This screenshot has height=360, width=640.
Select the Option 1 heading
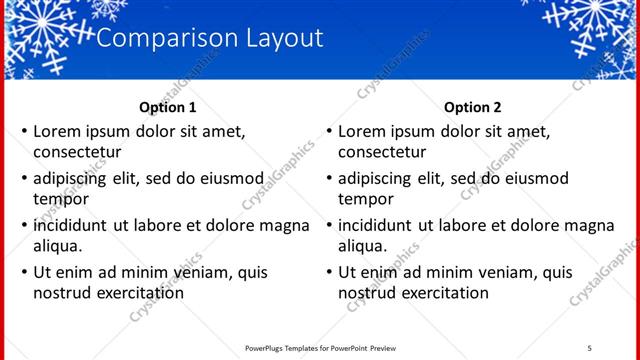[x=168, y=107]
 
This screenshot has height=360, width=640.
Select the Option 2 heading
[x=473, y=107]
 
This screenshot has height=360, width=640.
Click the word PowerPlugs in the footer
[x=267, y=347]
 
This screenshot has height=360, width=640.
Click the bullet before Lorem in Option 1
[x=24, y=131]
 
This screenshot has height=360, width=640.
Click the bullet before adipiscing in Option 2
[x=329, y=178]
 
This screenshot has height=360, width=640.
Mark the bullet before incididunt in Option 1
[x=24, y=225]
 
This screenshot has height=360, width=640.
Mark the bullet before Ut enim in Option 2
[x=329, y=272]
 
